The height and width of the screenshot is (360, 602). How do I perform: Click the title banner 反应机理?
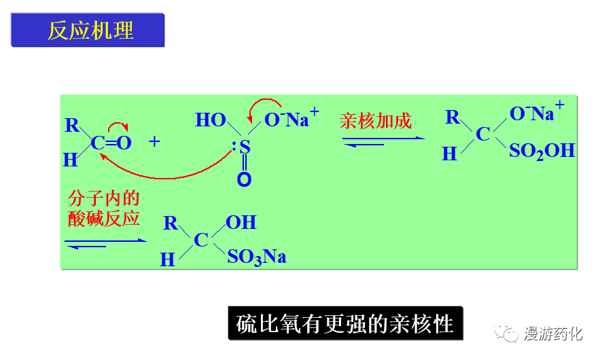pyautogui.click(x=88, y=31)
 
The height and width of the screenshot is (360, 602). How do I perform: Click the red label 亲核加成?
pyautogui.click(x=375, y=122)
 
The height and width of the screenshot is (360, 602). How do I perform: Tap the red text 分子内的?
pyautogui.click(x=104, y=198)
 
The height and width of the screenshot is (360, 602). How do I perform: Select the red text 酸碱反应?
pyautogui.click(x=104, y=218)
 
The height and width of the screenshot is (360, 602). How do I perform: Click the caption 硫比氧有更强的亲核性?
pyautogui.click(x=344, y=323)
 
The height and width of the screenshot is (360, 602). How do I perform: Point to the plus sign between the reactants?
pyautogui.click(x=156, y=141)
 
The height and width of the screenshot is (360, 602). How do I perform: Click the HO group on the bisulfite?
pyautogui.click(x=211, y=120)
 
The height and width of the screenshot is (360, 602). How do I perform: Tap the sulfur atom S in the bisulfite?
pyautogui.click(x=245, y=146)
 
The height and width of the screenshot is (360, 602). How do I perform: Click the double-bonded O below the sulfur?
pyautogui.click(x=245, y=180)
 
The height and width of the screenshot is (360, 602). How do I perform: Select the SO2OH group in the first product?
pyautogui.click(x=542, y=151)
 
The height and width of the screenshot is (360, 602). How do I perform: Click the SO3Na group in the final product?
pyautogui.click(x=256, y=257)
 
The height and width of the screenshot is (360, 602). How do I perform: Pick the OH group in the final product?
pyautogui.click(x=241, y=222)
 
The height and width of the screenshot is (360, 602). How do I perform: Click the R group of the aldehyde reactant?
pyautogui.click(x=72, y=125)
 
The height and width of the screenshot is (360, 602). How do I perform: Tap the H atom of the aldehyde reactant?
pyautogui.click(x=70, y=160)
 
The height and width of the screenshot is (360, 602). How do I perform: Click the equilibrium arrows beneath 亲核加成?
pyautogui.click(x=382, y=141)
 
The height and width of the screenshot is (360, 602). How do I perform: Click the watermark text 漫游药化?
pyautogui.click(x=553, y=334)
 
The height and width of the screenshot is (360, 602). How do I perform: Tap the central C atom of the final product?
pyautogui.click(x=201, y=240)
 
